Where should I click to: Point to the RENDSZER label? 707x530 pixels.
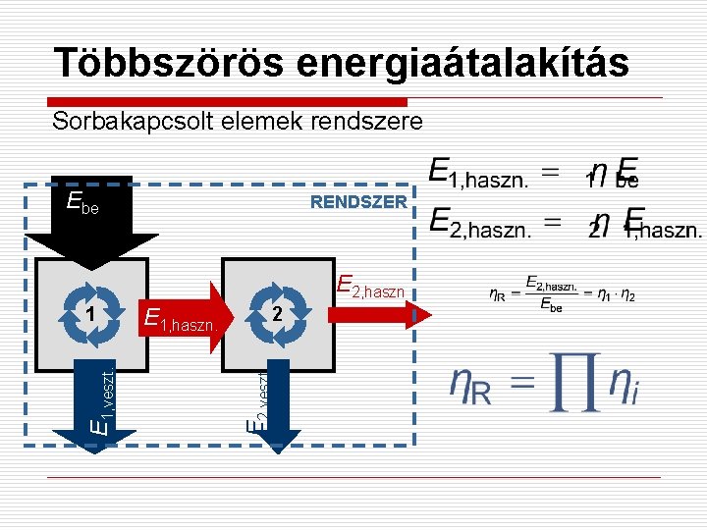[x=358, y=202]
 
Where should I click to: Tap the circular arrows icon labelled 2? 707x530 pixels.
[x=279, y=314]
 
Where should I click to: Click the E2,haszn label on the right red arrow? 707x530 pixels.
[x=376, y=287]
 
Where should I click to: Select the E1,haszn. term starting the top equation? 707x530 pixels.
[x=478, y=175]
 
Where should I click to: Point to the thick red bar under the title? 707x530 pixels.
[x=227, y=101]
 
